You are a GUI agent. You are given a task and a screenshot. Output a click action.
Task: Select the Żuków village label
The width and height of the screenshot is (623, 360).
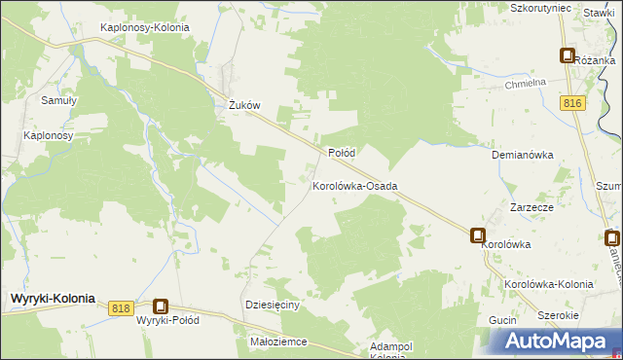[x=241, y=107]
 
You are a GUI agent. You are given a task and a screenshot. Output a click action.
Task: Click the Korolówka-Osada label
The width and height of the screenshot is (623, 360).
[x=354, y=185]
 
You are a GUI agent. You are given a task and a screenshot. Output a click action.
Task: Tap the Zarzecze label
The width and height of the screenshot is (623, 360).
[x=532, y=208]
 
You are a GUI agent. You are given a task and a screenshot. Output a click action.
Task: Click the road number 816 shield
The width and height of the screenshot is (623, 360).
[x=572, y=102]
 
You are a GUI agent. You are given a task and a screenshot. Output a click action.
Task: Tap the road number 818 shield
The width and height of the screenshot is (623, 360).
[x=121, y=307]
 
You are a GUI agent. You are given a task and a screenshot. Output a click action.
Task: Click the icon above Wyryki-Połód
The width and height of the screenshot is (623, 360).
[x=161, y=306]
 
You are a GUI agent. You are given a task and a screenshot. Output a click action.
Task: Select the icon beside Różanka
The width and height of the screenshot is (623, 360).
[x=567, y=56]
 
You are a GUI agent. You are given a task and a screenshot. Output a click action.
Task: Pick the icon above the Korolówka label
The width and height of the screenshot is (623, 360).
[x=479, y=235]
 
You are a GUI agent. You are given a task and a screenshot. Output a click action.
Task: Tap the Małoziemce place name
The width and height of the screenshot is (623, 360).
[x=278, y=342]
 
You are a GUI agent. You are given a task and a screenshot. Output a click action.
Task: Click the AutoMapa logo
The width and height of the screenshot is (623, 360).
[x=554, y=342]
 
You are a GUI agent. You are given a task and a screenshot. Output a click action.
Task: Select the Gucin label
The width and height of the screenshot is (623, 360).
[x=502, y=320]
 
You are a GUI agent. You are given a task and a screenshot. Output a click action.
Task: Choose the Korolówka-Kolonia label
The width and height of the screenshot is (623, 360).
[x=549, y=284]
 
